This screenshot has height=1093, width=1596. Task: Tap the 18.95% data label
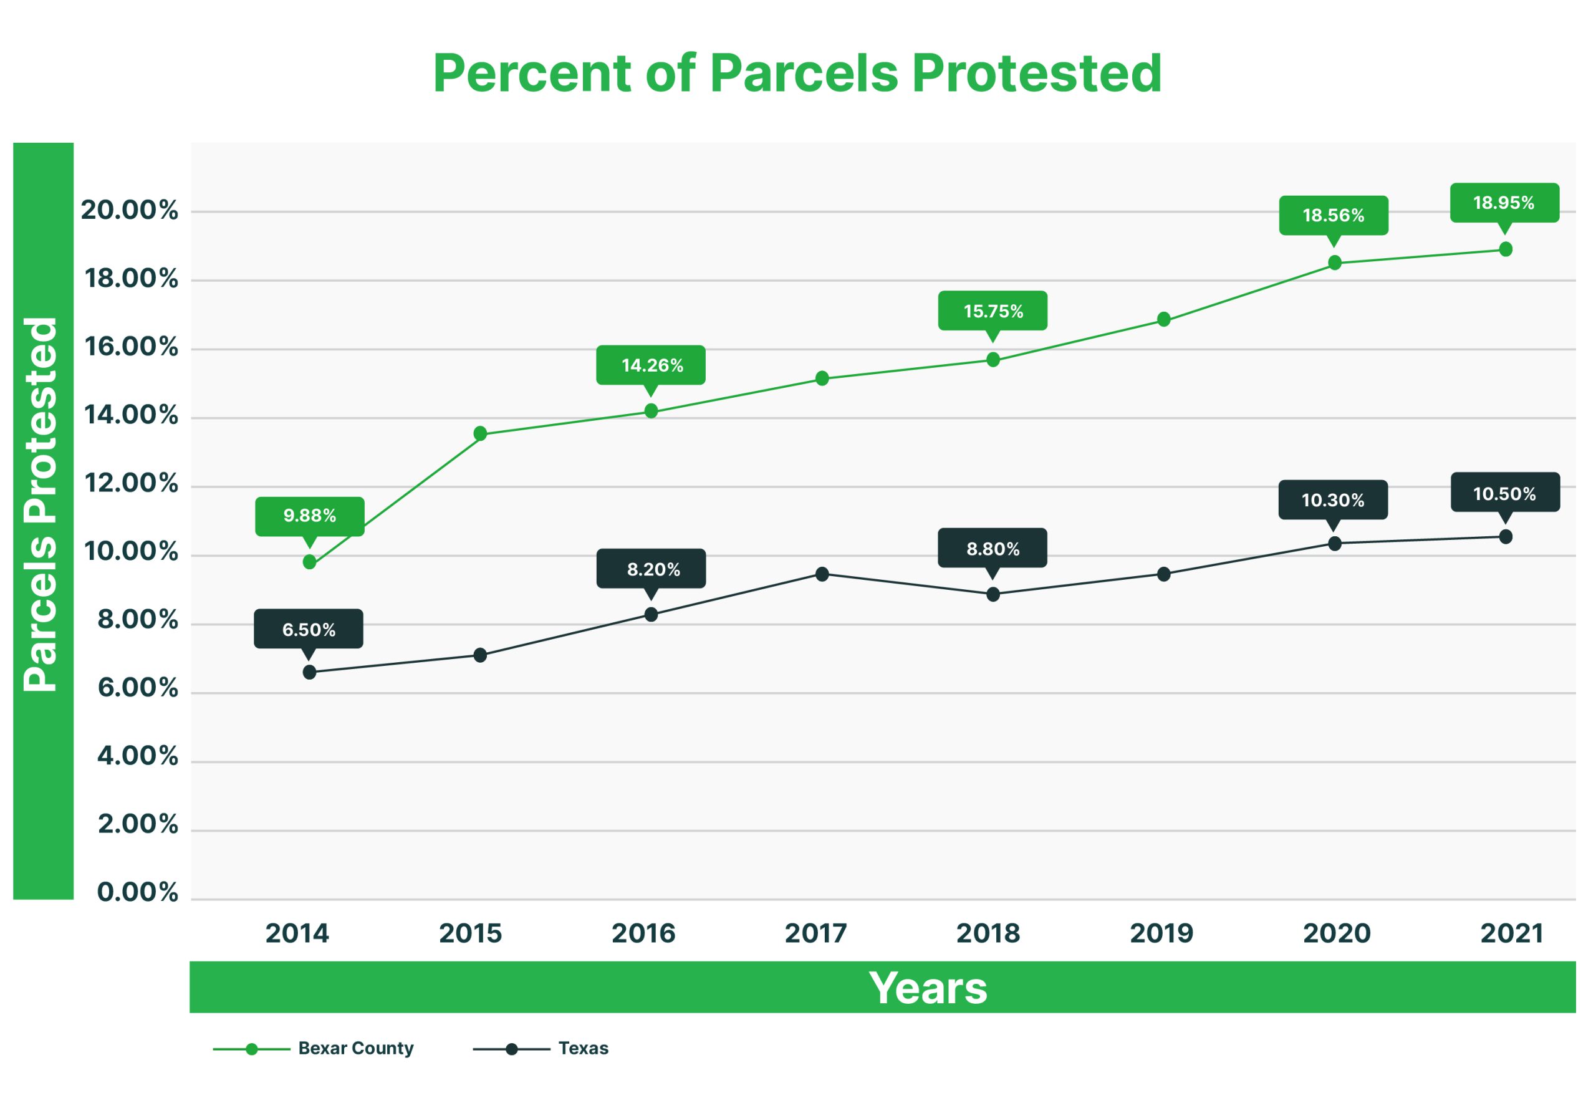pyautogui.click(x=1504, y=203)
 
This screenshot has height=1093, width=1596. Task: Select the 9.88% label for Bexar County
pyautogui.click(x=310, y=516)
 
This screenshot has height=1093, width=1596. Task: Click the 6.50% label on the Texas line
pyautogui.click(x=309, y=629)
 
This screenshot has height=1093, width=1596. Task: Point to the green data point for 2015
pyautogui.click(x=480, y=433)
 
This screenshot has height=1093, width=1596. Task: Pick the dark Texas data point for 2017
pyautogui.click(x=822, y=574)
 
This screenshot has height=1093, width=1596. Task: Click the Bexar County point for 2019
pyautogui.click(x=1163, y=319)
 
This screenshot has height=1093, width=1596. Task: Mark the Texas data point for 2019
pyautogui.click(x=1163, y=574)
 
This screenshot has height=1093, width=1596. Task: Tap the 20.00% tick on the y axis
pyautogui.click(x=129, y=210)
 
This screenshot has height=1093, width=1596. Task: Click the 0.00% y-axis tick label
pyautogui.click(x=137, y=892)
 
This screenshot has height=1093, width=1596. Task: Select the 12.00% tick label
pyautogui.click(x=130, y=484)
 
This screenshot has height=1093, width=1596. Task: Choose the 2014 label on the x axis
pyautogui.click(x=297, y=933)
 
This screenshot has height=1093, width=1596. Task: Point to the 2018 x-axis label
pyautogui.click(x=988, y=933)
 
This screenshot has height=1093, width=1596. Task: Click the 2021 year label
pyautogui.click(x=1512, y=933)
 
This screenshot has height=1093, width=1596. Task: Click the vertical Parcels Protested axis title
pyautogui.click(x=41, y=505)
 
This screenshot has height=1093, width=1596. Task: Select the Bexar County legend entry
pyautogui.click(x=355, y=1048)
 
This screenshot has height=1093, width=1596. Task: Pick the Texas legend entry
pyautogui.click(x=582, y=1048)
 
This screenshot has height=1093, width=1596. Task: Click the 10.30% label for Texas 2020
pyautogui.click(x=1332, y=500)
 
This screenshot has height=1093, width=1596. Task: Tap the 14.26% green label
pyautogui.click(x=651, y=365)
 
